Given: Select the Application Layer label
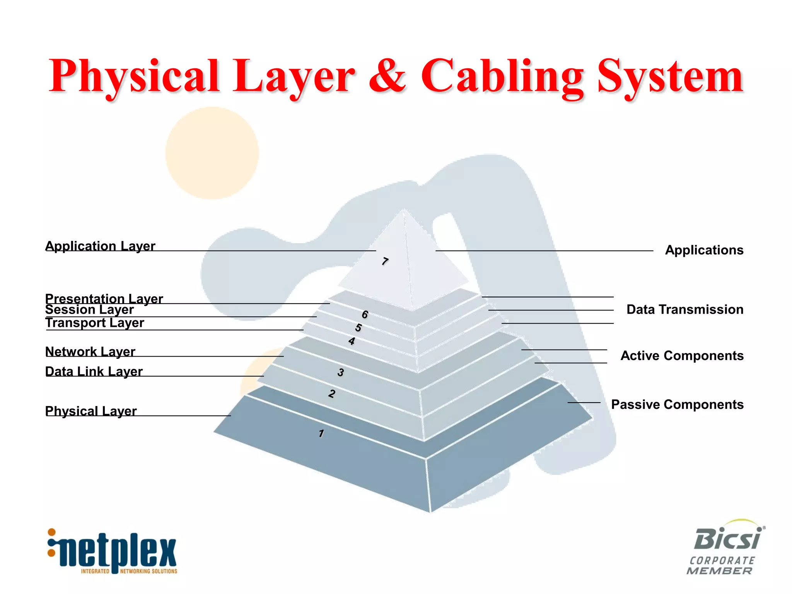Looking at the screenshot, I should pyautogui.click(x=100, y=246).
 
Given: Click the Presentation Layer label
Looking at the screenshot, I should pyautogui.click(x=104, y=298).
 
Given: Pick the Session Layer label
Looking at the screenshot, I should pyautogui.click(x=89, y=309).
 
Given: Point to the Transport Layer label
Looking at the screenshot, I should pyautogui.click(x=95, y=323).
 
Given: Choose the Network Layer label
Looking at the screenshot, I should pyautogui.click(x=90, y=352).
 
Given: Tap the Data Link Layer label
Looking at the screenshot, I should pyautogui.click(x=94, y=371).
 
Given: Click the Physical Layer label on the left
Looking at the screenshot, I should pyautogui.click(x=91, y=411).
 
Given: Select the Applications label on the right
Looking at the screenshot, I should pyautogui.click(x=704, y=250).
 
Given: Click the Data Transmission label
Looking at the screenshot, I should pyautogui.click(x=684, y=309).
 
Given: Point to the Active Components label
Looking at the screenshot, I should pyautogui.click(x=682, y=355).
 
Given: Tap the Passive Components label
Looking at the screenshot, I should pyautogui.click(x=677, y=405).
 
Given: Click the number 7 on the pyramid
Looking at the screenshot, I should pyautogui.click(x=384, y=261).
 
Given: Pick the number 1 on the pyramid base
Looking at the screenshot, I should pyautogui.click(x=321, y=433).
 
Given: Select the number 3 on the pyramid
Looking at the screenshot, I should pyautogui.click(x=340, y=372).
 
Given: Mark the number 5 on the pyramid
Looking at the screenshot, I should pyautogui.click(x=358, y=328).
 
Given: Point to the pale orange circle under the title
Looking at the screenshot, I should pyautogui.click(x=212, y=153).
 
